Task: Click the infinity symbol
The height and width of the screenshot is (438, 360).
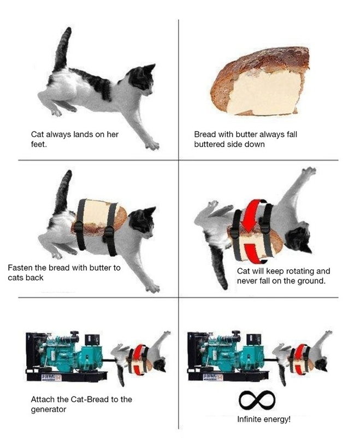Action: point(257,400)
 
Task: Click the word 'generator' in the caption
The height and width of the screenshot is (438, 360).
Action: point(49,410)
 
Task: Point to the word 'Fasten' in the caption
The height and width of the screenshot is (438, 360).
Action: point(20,268)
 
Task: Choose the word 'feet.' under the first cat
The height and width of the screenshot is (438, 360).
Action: point(39,145)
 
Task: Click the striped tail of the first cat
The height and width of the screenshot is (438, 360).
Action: point(63,49)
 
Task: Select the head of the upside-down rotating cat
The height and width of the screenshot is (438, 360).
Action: point(298,240)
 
